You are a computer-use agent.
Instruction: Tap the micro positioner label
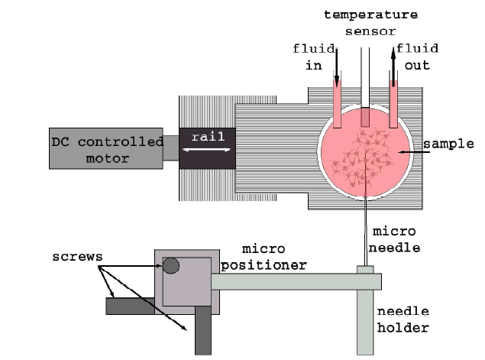click(273, 258)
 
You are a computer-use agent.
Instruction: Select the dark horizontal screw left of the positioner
click(130, 306)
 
